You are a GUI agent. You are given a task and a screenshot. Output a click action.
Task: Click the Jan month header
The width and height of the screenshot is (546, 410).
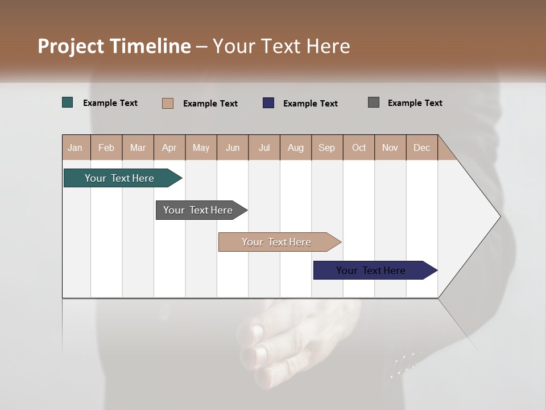(x=75, y=147)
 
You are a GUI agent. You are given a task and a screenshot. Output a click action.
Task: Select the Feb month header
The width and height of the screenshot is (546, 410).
(x=106, y=147)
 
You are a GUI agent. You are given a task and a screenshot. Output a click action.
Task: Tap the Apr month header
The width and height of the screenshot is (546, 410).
(x=169, y=147)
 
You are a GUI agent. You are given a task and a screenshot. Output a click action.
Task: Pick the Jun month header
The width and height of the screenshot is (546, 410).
(x=233, y=147)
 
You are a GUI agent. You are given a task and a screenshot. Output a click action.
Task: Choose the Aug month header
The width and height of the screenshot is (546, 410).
(x=295, y=147)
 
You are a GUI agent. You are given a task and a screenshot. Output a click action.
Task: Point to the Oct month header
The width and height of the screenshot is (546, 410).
(x=359, y=147)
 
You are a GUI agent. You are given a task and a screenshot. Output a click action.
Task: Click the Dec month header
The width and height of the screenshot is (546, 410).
(x=421, y=147)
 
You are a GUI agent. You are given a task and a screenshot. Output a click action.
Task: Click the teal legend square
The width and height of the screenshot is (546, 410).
(x=68, y=102)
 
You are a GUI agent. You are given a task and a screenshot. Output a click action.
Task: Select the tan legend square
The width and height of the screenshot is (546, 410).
(x=168, y=103)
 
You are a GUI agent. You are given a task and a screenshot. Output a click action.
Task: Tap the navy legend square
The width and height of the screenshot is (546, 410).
(x=268, y=102)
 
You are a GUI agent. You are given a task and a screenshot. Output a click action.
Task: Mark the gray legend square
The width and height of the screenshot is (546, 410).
(x=374, y=102)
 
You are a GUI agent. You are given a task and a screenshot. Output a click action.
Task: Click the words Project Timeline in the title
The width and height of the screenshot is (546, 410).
(x=114, y=46)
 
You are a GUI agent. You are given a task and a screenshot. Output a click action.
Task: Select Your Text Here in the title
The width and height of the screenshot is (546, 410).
(x=281, y=46)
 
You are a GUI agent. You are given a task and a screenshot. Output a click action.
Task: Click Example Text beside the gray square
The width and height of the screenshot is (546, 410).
(x=415, y=103)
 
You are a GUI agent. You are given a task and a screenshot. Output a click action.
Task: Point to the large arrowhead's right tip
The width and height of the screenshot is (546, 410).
(x=499, y=216)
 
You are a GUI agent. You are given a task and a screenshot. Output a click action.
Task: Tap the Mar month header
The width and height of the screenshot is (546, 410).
(x=138, y=147)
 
